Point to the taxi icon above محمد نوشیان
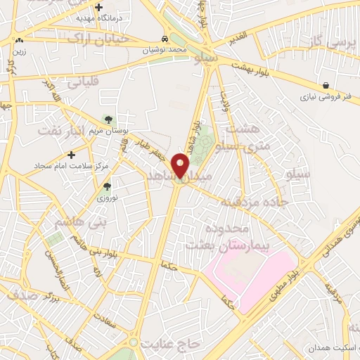click(x=164, y=39)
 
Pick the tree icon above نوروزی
click(x=107, y=187)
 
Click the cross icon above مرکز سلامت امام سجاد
click(x=72, y=153)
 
